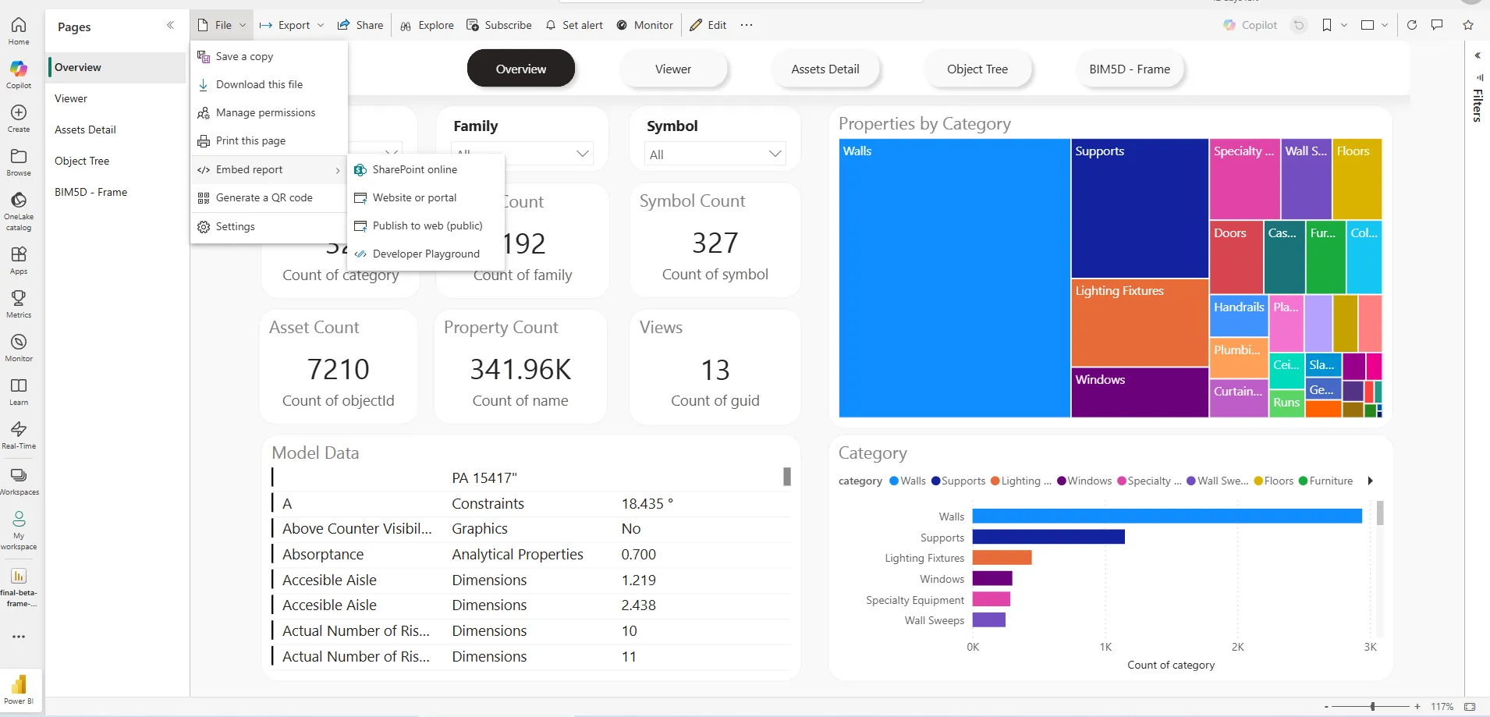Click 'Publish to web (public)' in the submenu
427,225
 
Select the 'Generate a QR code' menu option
264,198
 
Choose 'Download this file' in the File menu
259,84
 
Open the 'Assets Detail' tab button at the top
825,69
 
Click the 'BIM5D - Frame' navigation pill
1129,69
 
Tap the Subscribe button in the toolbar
499,25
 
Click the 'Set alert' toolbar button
574,25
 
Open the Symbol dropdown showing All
715,154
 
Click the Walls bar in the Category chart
1166,516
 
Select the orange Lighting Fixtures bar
1002,558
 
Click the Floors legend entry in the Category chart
1274,481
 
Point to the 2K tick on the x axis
1238,647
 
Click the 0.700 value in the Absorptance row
638,555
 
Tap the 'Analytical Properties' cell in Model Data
517,555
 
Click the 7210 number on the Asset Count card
338,369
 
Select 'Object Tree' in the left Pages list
82,161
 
